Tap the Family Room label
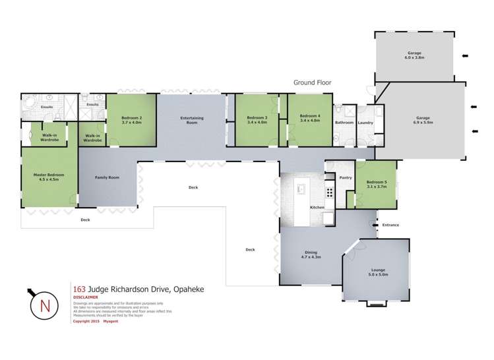pos(108,178)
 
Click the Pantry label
pos(345,178)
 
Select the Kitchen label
pos(317,208)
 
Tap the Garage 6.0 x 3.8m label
pos(414,55)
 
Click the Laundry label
pos(365,123)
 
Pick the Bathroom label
pos(344,123)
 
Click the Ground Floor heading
pos(312,82)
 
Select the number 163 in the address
pos(79,288)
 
